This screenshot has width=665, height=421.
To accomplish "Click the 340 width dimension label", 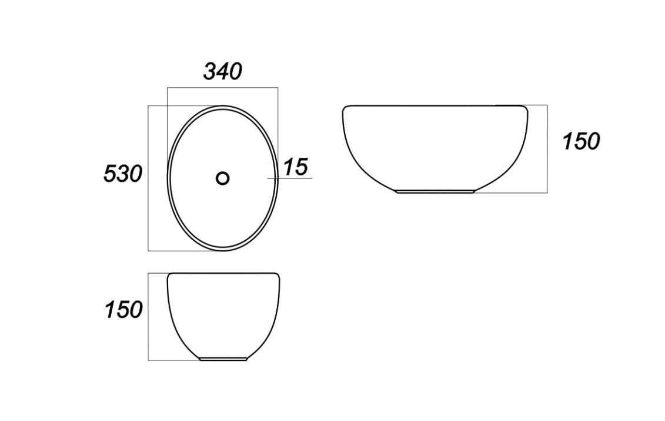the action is [223, 71].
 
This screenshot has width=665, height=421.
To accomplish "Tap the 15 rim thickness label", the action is [296, 167].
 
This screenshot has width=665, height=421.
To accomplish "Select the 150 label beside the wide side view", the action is [582, 141].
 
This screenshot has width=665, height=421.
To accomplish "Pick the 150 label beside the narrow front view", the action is [124, 310].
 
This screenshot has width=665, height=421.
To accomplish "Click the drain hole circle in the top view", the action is [223, 178].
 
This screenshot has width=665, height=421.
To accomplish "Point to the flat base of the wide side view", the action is [436, 191].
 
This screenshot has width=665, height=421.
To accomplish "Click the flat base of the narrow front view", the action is [223, 359].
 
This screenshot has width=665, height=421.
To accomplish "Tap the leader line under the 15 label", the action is [290, 178].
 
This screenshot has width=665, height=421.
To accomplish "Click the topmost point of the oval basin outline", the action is [223, 105].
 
